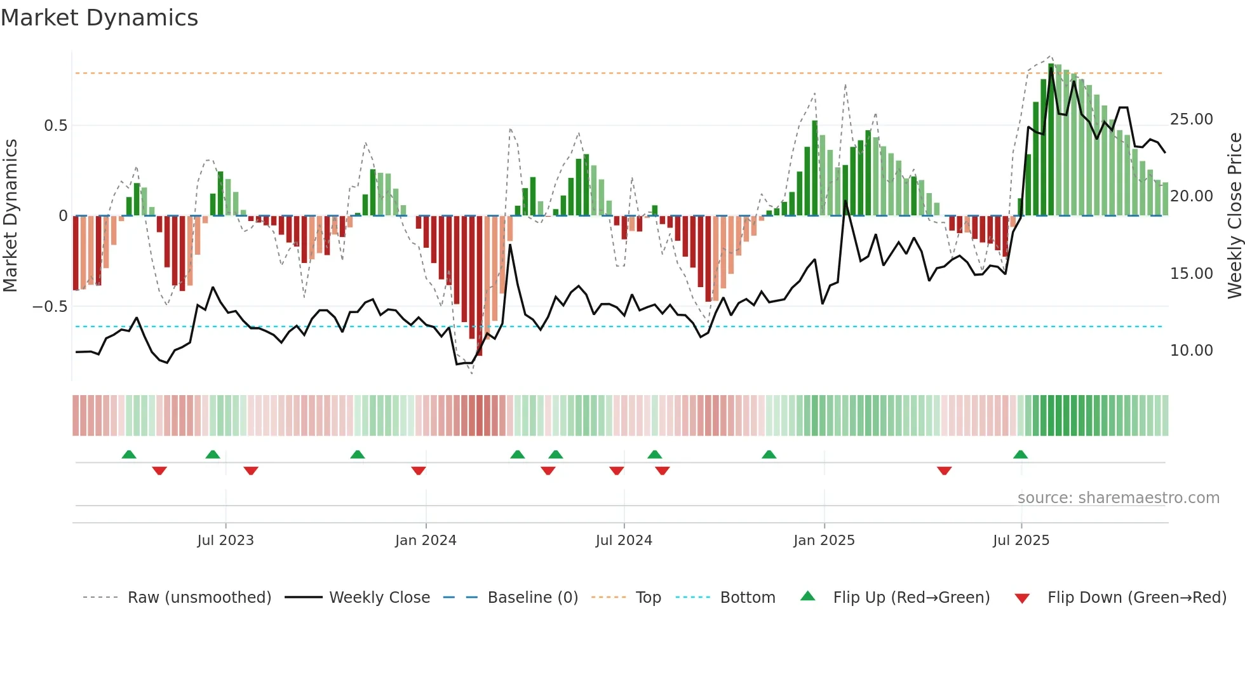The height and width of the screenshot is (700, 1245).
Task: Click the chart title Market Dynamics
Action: [x=99, y=18]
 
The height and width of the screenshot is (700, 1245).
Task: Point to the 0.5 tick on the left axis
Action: [x=55, y=126]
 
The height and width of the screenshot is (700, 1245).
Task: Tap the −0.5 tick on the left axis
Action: [x=50, y=307]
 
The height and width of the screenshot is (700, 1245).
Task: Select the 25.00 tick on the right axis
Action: [x=1191, y=119]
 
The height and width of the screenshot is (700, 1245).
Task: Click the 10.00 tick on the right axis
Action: [x=1191, y=351]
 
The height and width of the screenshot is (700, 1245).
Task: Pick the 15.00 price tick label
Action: [x=1191, y=274]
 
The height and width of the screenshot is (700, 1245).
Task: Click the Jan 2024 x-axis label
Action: [x=426, y=541]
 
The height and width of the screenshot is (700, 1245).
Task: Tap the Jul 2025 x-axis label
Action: [x=1021, y=541]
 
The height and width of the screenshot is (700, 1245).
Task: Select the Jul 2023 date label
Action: [x=225, y=541]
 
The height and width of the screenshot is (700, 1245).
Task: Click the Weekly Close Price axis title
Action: [x=1234, y=216]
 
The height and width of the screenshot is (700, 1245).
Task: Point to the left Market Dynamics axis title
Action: [x=10, y=216]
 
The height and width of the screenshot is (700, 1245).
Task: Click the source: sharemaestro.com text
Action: [x=1118, y=498]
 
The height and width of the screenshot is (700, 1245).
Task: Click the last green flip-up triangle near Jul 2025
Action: [x=1020, y=454]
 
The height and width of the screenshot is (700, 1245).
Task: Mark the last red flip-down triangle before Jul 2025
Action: [x=944, y=471]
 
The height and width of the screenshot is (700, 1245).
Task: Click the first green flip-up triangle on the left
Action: [x=129, y=454]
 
